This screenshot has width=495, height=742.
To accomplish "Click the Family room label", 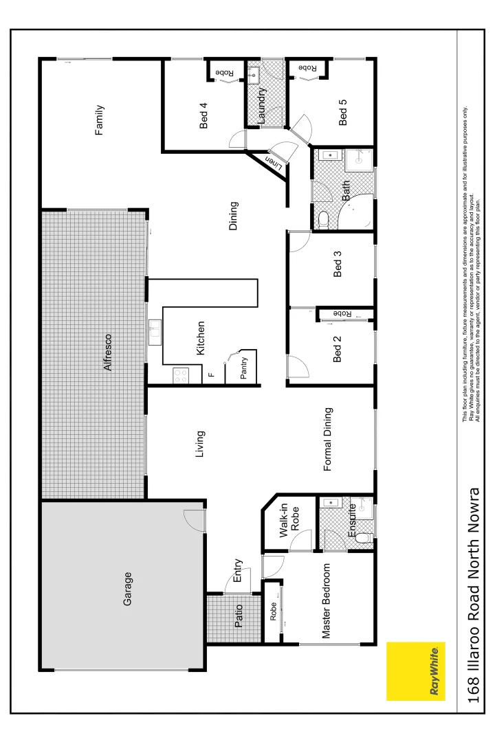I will click(100, 120).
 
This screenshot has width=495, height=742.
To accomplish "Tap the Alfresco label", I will click(107, 352).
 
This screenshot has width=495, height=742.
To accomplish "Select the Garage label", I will click(127, 589).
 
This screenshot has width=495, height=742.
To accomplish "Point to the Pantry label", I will click(244, 368).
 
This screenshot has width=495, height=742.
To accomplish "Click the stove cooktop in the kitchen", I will click(180, 375).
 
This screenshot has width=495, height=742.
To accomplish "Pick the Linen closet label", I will click(273, 162).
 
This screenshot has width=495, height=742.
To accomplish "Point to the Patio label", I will click(239, 616).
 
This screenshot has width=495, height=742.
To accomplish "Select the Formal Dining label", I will click(328, 440).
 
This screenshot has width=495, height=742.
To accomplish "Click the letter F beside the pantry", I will click(211, 375).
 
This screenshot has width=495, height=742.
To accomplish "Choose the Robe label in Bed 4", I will click(224, 72).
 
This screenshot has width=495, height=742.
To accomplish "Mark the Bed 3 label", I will click(337, 265).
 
